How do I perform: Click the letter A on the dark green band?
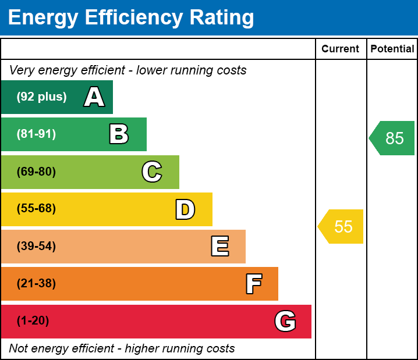pos(94,97)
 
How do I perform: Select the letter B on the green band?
pos(119,134)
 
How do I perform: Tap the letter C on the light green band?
pos(152,172)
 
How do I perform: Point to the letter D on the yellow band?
pos(185,209)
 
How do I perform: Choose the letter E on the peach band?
pos(219,247)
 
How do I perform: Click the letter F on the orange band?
pos(253,284)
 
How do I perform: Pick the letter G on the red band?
pos(285,321)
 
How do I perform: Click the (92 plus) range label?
pos(41,97)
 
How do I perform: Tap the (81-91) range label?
pos(36,134)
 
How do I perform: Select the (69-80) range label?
pos(36,172)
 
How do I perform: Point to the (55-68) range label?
pos(36,209)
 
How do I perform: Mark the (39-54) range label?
pos(36,247)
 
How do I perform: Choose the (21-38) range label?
pos(36,284)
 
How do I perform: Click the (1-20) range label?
pos(33,321)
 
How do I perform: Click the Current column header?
pos(341,49)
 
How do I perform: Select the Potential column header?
pos(392,49)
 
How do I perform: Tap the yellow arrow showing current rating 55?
pos(341,226)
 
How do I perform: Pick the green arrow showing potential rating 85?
pos(392,138)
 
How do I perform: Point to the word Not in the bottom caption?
pos(19,349)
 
